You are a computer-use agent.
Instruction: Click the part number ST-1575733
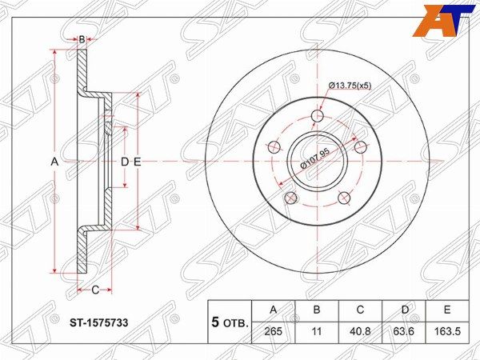(x=99, y=323)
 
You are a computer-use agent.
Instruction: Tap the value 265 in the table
(x=273, y=331)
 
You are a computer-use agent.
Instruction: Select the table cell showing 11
(x=317, y=331)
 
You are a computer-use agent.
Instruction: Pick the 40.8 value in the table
(x=360, y=331)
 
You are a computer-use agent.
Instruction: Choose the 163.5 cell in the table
(x=447, y=331)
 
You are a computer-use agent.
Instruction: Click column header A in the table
(x=273, y=310)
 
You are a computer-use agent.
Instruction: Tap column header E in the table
(x=447, y=310)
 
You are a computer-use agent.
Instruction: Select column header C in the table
(x=360, y=310)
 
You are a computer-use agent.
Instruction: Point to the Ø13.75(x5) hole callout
(x=350, y=86)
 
